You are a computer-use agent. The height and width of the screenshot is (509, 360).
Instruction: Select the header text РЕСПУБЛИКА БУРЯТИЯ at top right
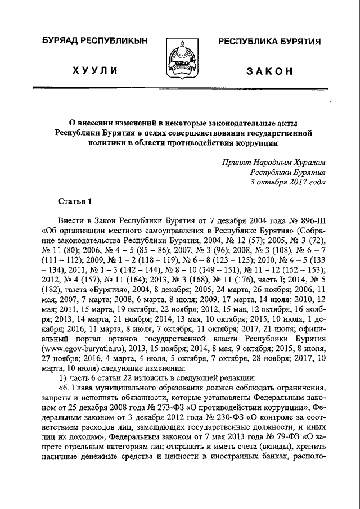pyautogui.click(x=265, y=42)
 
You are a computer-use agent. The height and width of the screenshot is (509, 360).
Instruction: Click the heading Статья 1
pyautogui.click(x=74, y=201)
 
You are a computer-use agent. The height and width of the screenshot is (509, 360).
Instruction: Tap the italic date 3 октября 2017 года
pyautogui.click(x=287, y=182)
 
